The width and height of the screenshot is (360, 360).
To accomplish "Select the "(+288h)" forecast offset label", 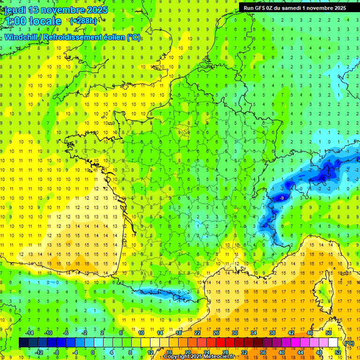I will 83,21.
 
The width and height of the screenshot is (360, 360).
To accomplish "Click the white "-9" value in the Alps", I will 281,199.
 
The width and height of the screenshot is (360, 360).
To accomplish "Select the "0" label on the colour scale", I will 92,352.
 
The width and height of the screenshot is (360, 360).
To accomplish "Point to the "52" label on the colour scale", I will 338,352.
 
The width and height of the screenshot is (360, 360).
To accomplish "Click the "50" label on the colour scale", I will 329,333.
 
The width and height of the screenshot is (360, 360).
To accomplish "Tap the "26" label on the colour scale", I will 216,333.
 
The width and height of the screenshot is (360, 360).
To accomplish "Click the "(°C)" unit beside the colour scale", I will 349,343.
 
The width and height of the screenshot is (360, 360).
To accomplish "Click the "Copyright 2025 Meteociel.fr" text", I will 199,357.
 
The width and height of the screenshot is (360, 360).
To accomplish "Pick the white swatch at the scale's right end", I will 333,343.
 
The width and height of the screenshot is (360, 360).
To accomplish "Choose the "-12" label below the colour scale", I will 39,352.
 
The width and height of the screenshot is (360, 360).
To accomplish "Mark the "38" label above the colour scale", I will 272,333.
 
